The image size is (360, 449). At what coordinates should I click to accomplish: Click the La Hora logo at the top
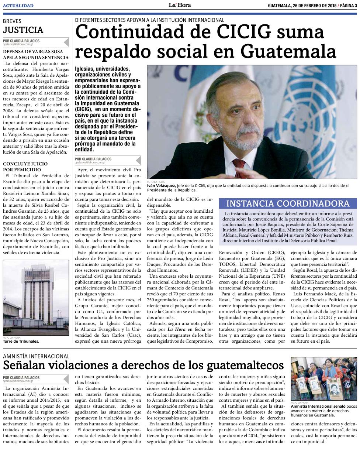click(x=180, y=5)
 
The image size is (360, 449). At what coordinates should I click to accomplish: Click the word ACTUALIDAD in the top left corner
click(x=18, y=6)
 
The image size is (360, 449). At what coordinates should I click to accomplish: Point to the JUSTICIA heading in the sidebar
click(x=23, y=30)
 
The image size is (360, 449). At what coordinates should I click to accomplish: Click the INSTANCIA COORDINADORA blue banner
click(x=288, y=204)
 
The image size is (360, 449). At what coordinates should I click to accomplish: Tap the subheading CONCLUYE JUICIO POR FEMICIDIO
click(x=25, y=166)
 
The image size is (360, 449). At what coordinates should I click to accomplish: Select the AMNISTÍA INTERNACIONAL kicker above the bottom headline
click(x=36, y=356)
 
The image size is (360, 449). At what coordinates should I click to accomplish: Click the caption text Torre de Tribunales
click(x=21, y=341)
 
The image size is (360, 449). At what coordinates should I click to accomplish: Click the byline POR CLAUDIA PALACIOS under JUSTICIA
click(x=21, y=41)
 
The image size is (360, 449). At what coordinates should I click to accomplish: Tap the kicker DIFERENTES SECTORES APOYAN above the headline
click(x=149, y=20)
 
